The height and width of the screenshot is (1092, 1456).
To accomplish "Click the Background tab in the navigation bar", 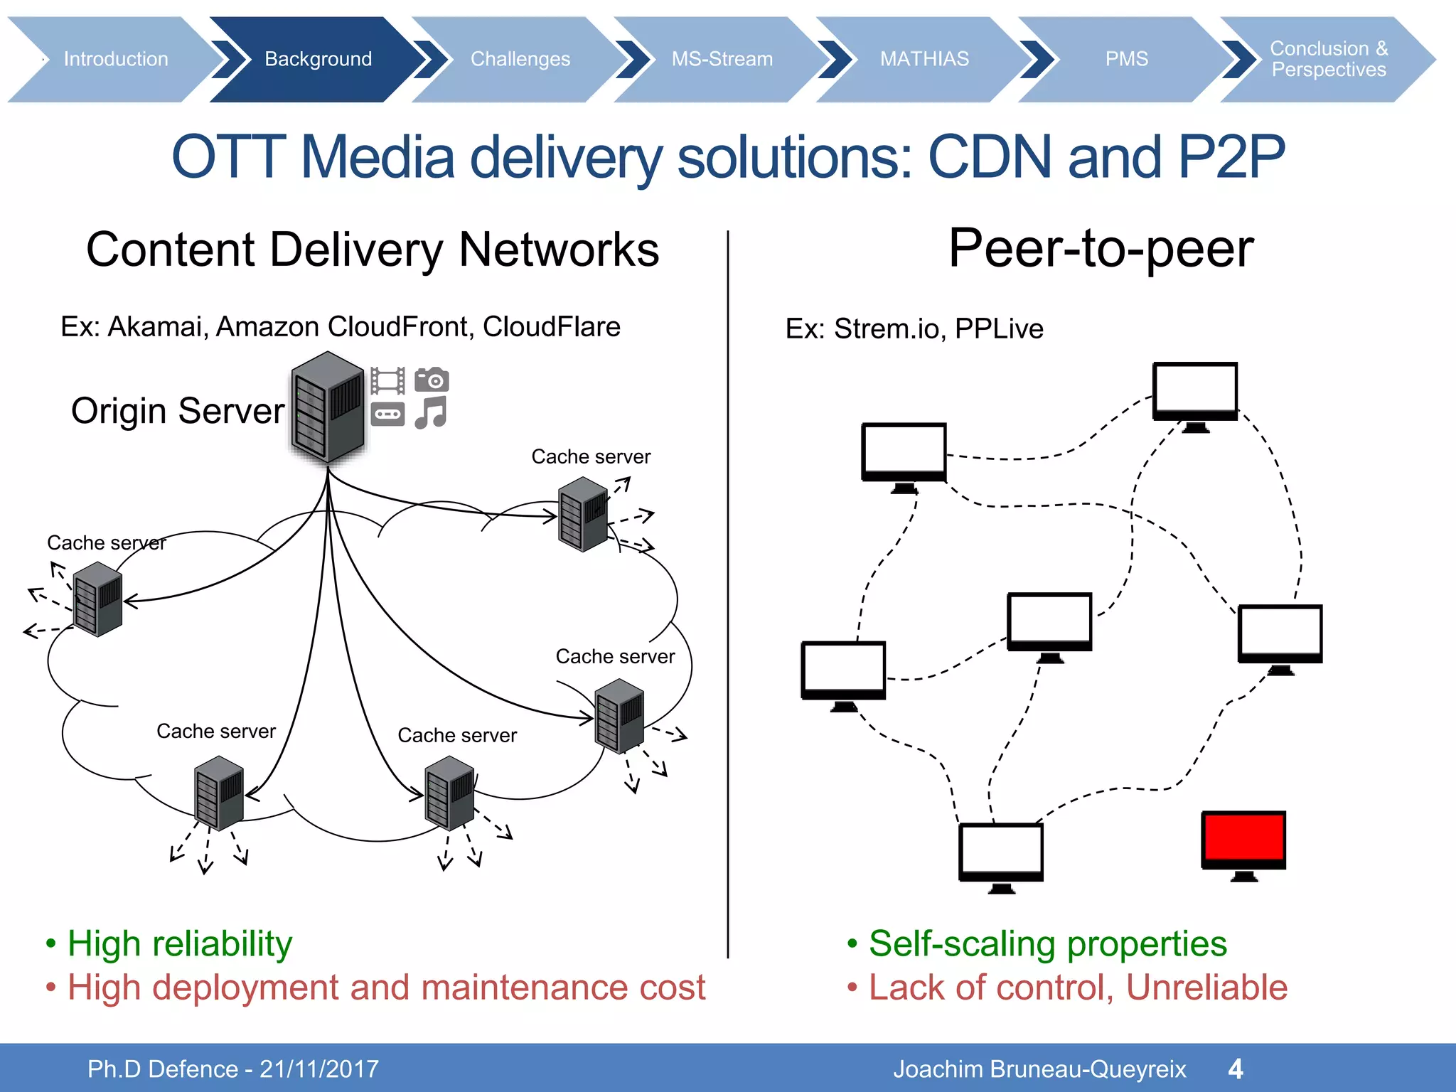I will [x=318, y=59].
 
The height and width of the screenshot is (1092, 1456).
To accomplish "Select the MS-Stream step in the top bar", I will [x=722, y=59].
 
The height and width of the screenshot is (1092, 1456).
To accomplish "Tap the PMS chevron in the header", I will [x=1126, y=59].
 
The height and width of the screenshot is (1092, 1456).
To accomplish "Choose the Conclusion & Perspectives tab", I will [x=1328, y=59].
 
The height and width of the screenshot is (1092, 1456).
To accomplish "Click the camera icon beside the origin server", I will [x=432, y=380].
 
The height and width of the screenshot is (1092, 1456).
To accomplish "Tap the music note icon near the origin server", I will [x=431, y=413].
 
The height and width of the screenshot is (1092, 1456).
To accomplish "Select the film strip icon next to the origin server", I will [x=388, y=380].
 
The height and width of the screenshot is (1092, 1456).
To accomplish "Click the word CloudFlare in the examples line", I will [x=551, y=327].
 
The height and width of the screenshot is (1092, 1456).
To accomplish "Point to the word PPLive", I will [x=999, y=329].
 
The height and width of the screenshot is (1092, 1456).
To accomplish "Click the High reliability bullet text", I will [x=179, y=944].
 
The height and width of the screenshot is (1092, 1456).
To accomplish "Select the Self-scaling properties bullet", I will [x=1047, y=944].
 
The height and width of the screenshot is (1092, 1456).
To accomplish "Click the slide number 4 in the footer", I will [x=1236, y=1069].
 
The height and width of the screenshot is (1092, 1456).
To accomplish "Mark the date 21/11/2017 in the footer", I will [x=319, y=1069].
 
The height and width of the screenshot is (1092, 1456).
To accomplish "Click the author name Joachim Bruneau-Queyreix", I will [x=1039, y=1069].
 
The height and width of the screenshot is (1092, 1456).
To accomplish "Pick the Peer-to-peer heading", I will [x=1101, y=249].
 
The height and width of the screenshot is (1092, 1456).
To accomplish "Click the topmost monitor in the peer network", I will [x=1195, y=391].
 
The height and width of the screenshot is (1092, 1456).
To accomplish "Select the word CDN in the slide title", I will [x=990, y=157].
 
